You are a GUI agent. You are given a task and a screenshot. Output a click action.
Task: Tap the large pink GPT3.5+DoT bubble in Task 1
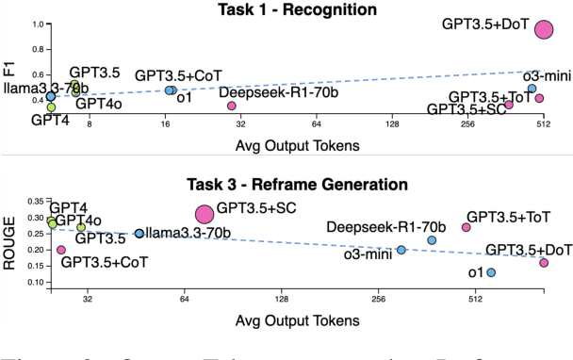544,30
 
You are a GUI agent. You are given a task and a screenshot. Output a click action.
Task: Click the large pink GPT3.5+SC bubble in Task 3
204,215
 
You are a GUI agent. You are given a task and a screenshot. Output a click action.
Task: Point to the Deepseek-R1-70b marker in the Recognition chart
232,106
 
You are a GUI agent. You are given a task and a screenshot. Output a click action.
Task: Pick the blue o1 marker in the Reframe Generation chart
491,272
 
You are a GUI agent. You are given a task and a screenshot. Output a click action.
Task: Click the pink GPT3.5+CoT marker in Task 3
61,250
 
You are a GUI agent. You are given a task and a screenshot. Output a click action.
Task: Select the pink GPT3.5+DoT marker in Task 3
544,263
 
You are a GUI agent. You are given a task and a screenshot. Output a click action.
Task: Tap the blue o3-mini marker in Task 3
401,250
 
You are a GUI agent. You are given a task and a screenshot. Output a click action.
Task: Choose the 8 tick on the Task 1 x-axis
90,123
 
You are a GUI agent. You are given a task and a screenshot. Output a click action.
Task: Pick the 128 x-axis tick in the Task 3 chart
281,301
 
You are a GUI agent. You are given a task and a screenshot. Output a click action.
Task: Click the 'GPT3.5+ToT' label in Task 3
509,217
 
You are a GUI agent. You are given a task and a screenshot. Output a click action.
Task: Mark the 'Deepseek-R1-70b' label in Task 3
400,227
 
